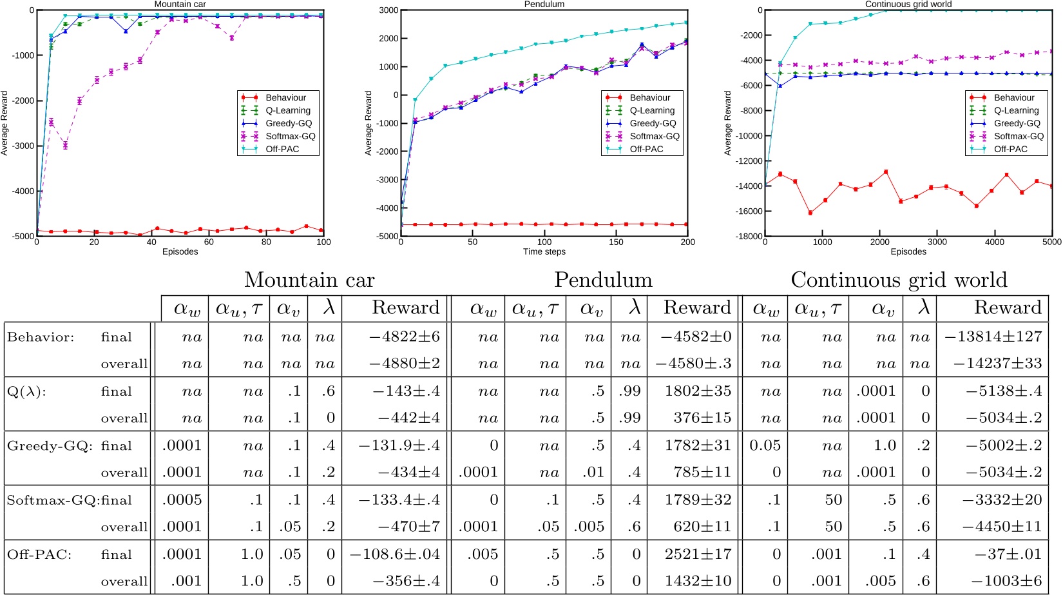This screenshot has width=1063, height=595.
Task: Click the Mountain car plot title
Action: click(x=180, y=4)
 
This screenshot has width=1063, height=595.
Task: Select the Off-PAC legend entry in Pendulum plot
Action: click(x=646, y=149)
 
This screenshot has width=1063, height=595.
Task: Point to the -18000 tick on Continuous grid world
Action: click(x=749, y=237)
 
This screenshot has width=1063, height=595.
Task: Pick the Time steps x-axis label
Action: click(x=544, y=251)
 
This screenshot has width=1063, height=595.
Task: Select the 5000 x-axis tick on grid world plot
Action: click(x=1051, y=242)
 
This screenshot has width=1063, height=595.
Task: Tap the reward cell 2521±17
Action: click(x=698, y=554)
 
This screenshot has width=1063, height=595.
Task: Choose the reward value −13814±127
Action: click(x=993, y=337)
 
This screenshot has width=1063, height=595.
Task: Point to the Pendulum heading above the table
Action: click(x=603, y=280)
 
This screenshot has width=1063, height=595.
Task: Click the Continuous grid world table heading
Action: click(x=899, y=280)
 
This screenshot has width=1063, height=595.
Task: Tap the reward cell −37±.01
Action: click(x=1008, y=554)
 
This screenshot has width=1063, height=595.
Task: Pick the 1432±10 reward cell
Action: click(x=698, y=581)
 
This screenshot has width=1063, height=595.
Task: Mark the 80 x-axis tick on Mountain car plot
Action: click(x=266, y=242)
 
